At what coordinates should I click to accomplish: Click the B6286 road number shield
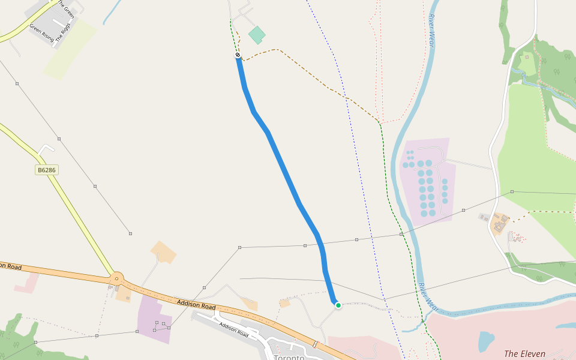click(x=47, y=170)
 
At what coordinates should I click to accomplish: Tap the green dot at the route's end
click(x=338, y=305)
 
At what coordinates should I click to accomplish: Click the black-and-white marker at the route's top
click(x=238, y=55)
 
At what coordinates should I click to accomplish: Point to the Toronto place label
click(x=289, y=357)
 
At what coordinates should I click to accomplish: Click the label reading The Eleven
click(x=524, y=354)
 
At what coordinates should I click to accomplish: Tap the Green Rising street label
click(x=41, y=34)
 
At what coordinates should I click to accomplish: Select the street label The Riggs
click(x=63, y=32)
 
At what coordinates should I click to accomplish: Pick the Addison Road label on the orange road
click(x=196, y=305)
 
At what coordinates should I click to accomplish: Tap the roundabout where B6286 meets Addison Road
click(x=116, y=278)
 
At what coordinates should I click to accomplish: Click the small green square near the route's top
click(x=257, y=35)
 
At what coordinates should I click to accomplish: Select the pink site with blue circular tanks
click(x=427, y=180)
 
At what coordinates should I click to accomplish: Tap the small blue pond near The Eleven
click(x=485, y=341)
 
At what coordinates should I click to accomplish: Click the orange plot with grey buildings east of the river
click(x=500, y=225)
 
